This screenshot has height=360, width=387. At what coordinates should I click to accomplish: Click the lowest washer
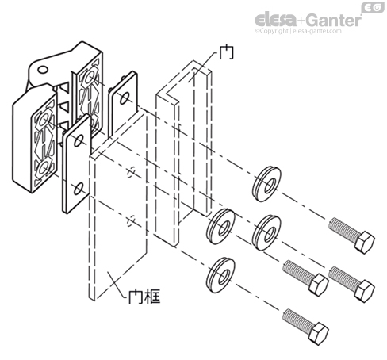tap(218, 273)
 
